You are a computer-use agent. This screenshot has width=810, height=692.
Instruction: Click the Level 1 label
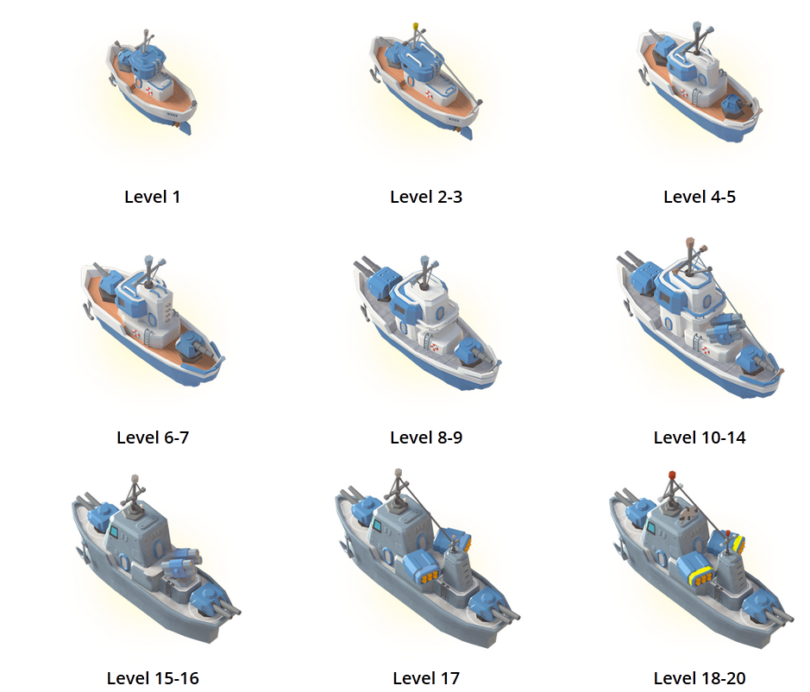[153, 197]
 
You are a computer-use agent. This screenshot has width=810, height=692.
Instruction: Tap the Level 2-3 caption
[426, 197]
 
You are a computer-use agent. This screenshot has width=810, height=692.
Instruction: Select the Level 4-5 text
[700, 197]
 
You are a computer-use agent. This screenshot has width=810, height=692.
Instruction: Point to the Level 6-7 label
[153, 437]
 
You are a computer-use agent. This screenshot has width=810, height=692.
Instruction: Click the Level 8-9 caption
[426, 437]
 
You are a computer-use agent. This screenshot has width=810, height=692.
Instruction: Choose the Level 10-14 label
[700, 437]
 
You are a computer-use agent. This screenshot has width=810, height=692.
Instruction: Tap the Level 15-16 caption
[153, 678]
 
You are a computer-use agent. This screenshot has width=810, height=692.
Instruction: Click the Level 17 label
[426, 678]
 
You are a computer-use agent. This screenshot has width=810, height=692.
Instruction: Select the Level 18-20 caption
[700, 678]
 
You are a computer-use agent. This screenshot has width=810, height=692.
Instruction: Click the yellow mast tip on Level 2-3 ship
[415, 27]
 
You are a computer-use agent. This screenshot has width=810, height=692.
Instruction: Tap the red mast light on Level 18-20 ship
[672, 475]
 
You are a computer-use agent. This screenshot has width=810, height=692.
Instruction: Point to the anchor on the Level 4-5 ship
[644, 77]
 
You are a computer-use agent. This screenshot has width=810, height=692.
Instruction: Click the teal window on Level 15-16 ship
[114, 531]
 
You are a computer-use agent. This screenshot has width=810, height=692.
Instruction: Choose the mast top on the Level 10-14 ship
[689, 242]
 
